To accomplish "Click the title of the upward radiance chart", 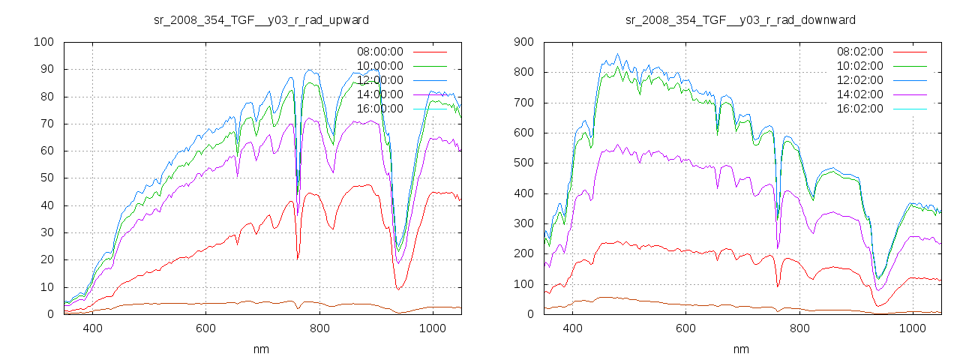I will click(x=261, y=19).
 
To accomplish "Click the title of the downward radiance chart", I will click(x=741, y=19).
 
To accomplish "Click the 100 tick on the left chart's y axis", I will click(x=43, y=42).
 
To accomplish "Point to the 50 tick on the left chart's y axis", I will click(x=46, y=178).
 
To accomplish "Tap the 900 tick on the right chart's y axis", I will click(x=523, y=42).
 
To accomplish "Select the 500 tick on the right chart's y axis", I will click(x=523, y=163).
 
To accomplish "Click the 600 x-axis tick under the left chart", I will click(x=206, y=328).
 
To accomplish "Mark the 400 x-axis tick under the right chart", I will click(x=572, y=328).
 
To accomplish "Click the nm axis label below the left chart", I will click(x=261, y=349).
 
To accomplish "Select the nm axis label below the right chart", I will click(x=741, y=349).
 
